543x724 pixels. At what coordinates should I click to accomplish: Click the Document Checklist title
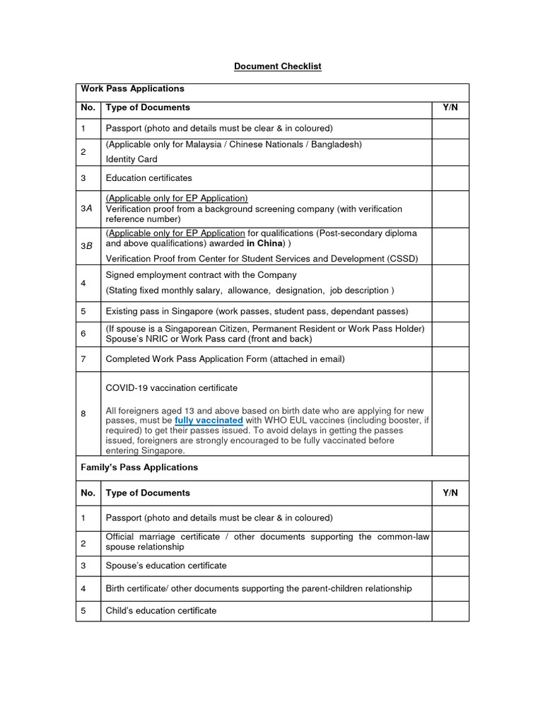tap(278, 66)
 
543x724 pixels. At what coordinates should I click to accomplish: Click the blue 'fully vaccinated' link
tap(209, 420)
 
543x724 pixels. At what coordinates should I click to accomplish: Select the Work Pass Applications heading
tap(132, 89)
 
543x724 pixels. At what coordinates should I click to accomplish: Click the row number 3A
tap(87, 209)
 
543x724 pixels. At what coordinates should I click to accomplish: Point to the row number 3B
tap(87, 246)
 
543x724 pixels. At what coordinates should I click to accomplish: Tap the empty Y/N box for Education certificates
tap(450, 178)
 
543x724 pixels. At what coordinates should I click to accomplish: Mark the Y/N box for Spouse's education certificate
tap(450, 566)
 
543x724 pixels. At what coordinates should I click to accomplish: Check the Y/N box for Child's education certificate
tap(450, 611)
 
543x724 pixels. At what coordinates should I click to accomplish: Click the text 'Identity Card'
tap(132, 159)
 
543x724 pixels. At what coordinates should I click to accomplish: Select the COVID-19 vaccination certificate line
tap(172, 388)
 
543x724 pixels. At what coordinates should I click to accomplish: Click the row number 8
tap(83, 414)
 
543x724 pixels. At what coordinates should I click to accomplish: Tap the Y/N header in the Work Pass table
tap(450, 107)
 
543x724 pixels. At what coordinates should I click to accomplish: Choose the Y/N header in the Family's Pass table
tap(450, 493)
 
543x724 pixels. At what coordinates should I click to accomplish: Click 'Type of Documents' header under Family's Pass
tap(148, 493)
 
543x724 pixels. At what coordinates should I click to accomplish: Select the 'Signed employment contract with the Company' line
tap(201, 275)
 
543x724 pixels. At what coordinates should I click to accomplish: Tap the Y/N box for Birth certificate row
tap(450, 588)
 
